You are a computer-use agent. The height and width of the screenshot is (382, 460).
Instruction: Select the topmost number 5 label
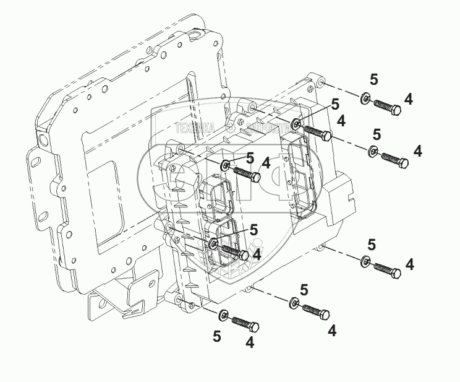click(373, 79)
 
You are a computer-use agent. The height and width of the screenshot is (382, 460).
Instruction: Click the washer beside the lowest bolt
click(223, 315)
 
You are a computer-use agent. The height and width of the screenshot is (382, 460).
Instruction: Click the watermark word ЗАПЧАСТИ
click(266, 129)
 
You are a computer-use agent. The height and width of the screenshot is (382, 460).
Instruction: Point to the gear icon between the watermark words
click(230, 128)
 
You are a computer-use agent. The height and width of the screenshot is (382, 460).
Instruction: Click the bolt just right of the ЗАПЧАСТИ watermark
click(317, 132)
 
